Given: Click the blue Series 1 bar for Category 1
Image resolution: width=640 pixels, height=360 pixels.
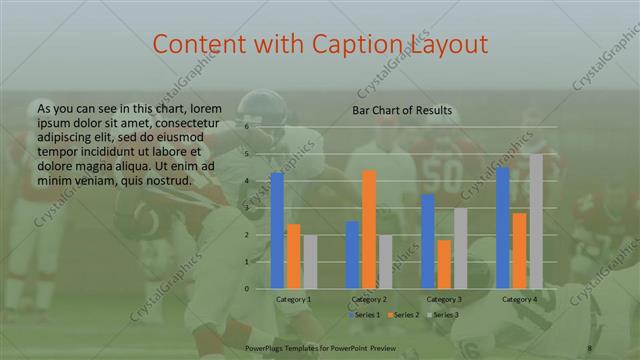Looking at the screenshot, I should (277, 230).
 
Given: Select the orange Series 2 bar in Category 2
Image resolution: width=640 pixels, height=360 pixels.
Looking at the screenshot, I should (369, 229).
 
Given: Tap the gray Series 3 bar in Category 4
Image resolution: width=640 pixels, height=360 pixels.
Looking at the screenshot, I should (536, 221).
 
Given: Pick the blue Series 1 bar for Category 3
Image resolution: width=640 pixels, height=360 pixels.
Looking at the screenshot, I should (428, 241).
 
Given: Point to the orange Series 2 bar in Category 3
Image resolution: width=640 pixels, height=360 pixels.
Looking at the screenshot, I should (444, 264).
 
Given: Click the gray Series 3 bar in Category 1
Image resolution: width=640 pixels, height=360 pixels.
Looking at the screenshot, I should (309, 262).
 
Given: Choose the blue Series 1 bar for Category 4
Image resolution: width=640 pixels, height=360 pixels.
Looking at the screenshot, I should (503, 227).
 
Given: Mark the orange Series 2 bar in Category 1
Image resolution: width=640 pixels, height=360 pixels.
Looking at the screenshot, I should (293, 256).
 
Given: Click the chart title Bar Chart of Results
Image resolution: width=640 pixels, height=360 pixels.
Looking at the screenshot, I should (402, 110).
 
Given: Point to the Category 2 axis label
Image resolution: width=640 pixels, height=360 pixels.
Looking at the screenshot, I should (369, 299).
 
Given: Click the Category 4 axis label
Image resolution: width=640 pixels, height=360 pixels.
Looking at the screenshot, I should (519, 299).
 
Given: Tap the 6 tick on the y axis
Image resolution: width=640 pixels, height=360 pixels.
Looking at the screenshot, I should (246, 128).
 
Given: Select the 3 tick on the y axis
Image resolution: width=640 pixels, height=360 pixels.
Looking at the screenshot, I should (246, 208).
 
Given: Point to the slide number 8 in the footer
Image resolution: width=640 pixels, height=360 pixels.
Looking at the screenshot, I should (590, 346).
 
